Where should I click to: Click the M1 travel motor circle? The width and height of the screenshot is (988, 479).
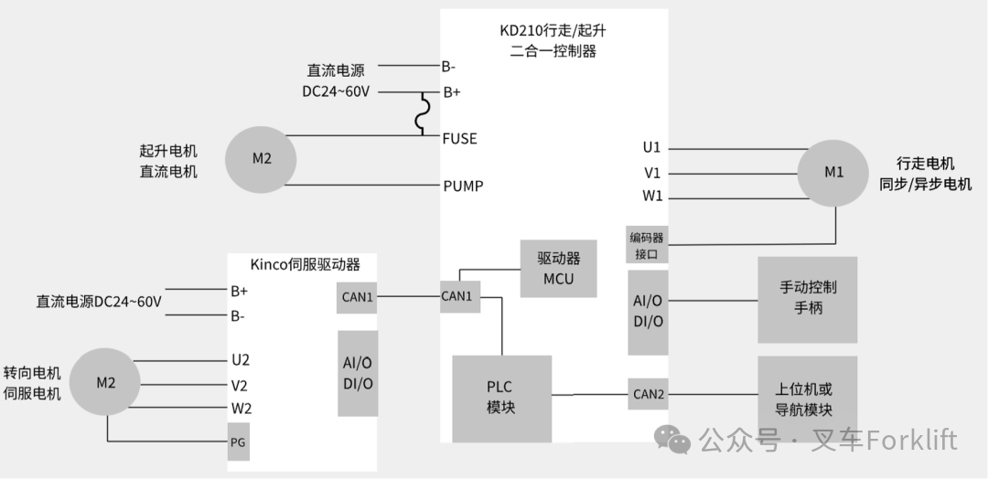click(x=833, y=172)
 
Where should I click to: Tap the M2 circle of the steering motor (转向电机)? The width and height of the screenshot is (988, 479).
click(x=106, y=382)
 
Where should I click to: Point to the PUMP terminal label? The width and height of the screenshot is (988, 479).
click(x=463, y=186)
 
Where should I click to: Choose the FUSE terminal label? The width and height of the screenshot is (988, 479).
click(x=459, y=139)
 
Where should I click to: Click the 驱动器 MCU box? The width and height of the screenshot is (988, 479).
click(x=558, y=269)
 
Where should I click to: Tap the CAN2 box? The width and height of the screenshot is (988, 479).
click(x=649, y=395)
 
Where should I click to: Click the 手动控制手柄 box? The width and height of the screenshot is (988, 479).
click(x=808, y=298)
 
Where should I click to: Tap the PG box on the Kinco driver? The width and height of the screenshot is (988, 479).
click(x=238, y=443)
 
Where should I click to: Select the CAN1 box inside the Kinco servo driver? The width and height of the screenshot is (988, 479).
click(x=356, y=296)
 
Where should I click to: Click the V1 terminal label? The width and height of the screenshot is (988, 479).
click(x=652, y=172)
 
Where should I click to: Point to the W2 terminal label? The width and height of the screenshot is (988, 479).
click(x=241, y=409)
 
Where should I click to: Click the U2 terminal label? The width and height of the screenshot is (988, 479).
click(x=241, y=360)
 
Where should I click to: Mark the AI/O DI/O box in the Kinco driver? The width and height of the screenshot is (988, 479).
click(x=358, y=373)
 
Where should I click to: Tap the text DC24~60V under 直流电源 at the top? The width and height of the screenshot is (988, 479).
click(x=336, y=91)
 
